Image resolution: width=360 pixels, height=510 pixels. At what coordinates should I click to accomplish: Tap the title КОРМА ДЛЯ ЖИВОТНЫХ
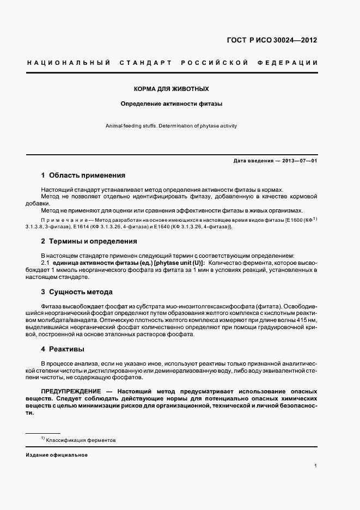172,88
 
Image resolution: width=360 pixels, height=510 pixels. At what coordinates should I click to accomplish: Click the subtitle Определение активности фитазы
172,103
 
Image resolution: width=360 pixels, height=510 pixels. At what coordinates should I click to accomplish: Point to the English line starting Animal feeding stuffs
172,126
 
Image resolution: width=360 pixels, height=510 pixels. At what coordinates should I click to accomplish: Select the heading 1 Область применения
83,175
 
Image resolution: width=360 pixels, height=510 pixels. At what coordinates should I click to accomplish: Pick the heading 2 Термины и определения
89,241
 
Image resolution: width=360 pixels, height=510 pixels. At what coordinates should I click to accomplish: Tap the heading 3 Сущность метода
77,292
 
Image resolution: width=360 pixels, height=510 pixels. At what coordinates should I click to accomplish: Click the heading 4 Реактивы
63,349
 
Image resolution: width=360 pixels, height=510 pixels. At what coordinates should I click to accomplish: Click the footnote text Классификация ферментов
81,440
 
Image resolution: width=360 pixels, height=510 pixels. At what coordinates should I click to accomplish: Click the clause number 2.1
46,263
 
